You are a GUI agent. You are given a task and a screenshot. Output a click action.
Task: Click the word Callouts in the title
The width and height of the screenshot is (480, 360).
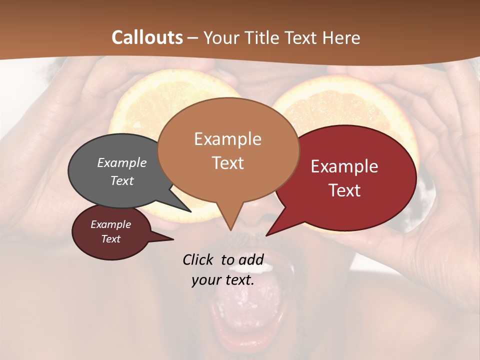147,37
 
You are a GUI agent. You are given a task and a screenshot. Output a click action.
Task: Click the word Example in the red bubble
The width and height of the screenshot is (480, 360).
344,167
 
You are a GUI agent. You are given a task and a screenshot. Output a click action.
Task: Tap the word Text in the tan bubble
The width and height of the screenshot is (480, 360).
228,163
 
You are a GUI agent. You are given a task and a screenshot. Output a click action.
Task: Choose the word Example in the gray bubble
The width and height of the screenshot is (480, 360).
122,163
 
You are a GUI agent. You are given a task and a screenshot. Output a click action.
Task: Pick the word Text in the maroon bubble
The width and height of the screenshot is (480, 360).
111,239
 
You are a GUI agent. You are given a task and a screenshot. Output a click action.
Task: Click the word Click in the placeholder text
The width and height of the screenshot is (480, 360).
198,259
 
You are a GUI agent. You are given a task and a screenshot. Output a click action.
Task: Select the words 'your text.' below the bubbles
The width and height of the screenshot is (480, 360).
223,280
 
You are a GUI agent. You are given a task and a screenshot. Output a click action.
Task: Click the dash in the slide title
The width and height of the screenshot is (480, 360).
193,38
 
